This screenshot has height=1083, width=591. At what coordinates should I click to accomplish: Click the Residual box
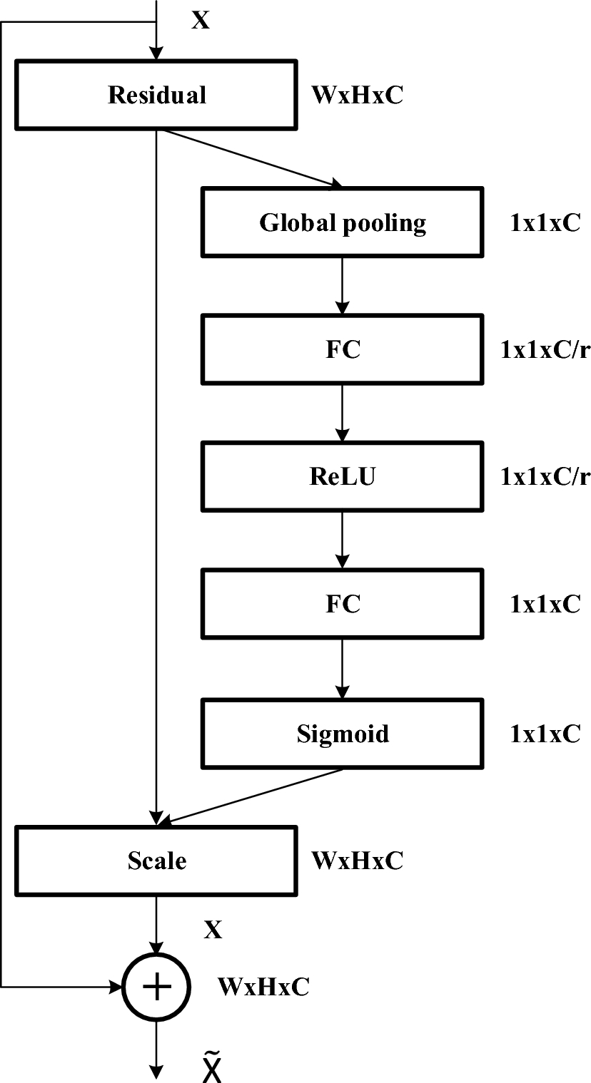click(156, 95)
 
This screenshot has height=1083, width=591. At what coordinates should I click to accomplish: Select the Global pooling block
click(343, 223)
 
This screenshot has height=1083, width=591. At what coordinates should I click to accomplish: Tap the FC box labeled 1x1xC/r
click(343, 350)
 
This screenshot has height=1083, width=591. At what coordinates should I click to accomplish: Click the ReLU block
click(343, 477)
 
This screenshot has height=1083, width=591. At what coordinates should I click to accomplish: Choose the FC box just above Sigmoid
click(343, 604)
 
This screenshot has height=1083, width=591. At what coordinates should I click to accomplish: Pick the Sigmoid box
click(343, 734)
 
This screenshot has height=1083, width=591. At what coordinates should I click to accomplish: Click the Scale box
click(156, 861)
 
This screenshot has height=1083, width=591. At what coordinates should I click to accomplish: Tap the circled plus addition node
click(156, 986)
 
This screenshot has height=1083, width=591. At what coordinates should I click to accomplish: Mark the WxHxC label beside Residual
click(357, 95)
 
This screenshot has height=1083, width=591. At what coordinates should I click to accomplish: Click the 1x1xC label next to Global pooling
click(545, 223)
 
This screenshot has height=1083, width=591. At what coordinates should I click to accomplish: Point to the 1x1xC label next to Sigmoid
click(545, 734)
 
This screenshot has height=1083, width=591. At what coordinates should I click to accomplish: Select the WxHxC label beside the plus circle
click(263, 986)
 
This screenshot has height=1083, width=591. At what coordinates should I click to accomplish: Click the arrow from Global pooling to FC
click(343, 286)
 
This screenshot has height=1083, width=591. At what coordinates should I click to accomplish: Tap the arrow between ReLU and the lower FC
click(343, 540)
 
